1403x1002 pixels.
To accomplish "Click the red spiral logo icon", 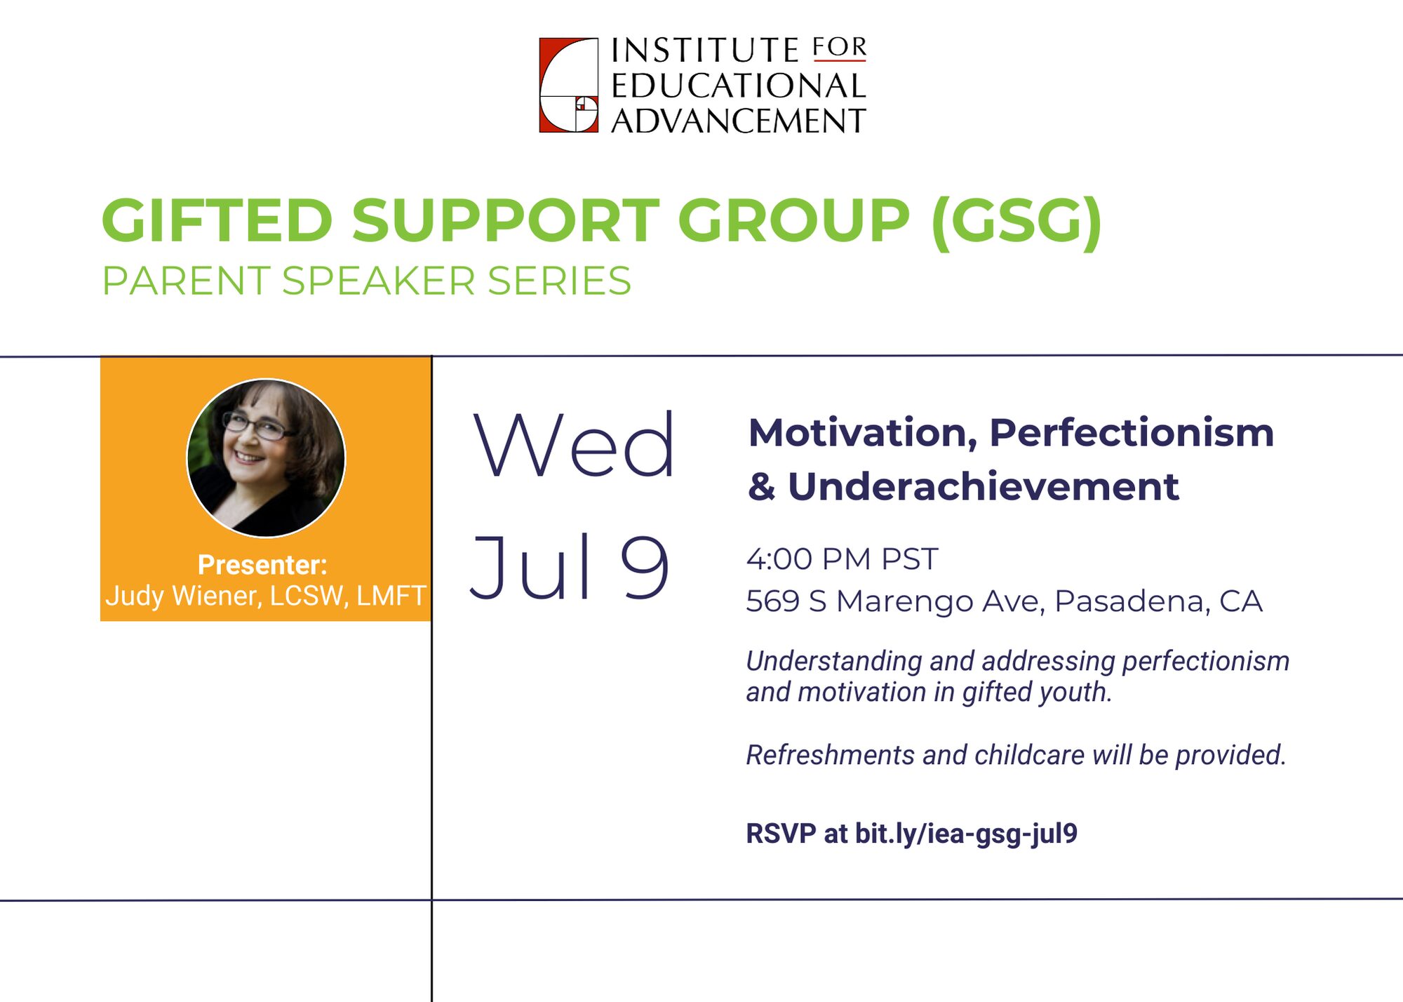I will [x=568, y=85].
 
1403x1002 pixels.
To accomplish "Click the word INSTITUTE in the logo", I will [x=704, y=51].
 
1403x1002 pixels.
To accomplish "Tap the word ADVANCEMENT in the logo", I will [x=738, y=121].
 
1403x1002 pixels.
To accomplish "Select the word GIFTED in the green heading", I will [x=217, y=220].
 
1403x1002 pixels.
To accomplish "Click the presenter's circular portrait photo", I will [x=266, y=458].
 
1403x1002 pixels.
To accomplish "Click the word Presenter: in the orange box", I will [x=262, y=565].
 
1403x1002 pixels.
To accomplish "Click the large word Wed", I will [x=573, y=445].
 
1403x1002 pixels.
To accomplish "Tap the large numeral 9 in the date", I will [x=644, y=567].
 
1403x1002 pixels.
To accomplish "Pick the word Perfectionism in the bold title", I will [x=1131, y=433].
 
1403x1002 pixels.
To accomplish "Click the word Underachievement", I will [x=983, y=487].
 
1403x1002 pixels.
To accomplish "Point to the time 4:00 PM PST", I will [x=842, y=559].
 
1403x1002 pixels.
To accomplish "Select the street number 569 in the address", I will [x=772, y=601].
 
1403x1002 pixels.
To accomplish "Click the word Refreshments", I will [x=830, y=755].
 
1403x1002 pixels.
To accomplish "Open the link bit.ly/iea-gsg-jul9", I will [x=966, y=834].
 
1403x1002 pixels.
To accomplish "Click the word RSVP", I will [x=781, y=834].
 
